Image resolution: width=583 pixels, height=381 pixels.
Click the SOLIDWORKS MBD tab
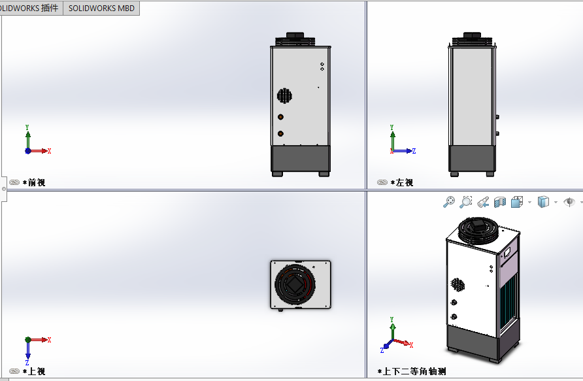tap(101, 8)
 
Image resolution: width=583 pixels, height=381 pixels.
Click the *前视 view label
tap(34, 182)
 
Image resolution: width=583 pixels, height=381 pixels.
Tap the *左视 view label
tap(402, 182)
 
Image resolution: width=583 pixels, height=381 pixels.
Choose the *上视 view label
tap(34, 371)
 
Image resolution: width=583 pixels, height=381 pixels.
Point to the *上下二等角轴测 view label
tap(412, 371)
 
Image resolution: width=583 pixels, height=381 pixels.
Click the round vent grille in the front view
tap(284, 95)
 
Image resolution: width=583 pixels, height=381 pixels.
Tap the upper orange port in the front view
tap(281, 117)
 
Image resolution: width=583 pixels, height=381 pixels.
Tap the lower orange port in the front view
tap(281, 133)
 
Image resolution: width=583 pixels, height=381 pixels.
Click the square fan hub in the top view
tap(295, 284)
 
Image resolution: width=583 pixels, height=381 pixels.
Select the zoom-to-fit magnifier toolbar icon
tap(449, 202)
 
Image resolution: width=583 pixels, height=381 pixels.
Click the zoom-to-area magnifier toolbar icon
tap(465, 202)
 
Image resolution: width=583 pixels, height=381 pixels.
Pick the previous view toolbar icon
tap(483, 202)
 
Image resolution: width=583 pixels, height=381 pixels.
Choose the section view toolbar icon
tap(500, 202)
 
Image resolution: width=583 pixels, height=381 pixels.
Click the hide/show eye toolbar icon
tap(569, 202)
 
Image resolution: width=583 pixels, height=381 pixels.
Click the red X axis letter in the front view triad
tap(50, 151)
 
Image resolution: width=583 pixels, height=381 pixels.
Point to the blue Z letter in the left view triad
tap(414, 151)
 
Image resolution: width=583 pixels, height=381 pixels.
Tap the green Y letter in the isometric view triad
tap(392, 320)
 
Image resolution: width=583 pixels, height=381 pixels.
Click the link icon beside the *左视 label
tap(382, 182)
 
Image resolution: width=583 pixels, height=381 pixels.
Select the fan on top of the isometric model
tap(478, 230)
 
